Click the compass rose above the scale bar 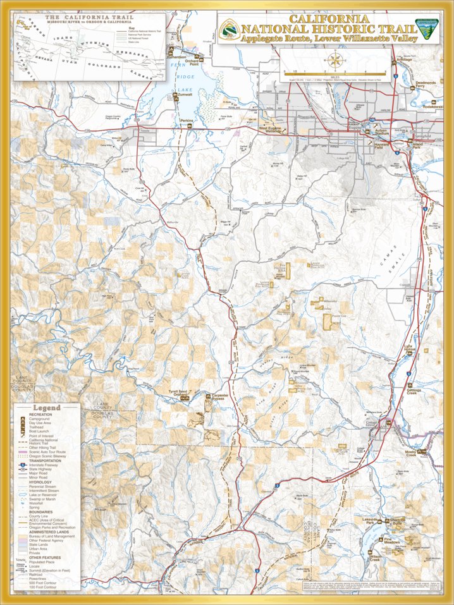point(336,61)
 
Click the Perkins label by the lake point(187,120)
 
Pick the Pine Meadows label point(393,542)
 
